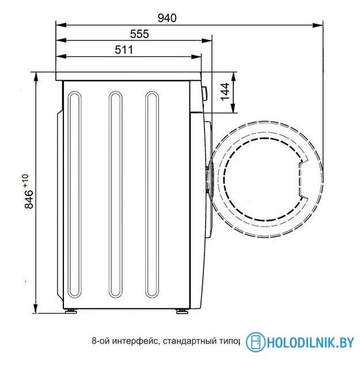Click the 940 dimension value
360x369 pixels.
click(x=167, y=17)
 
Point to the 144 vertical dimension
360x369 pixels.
click(x=225, y=92)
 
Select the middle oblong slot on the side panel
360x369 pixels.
click(x=115, y=194)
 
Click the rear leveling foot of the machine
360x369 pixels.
click(x=71, y=311)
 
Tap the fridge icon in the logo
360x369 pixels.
click(x=255, y=342)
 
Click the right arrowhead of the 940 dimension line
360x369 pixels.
click(x=318, y=25)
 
